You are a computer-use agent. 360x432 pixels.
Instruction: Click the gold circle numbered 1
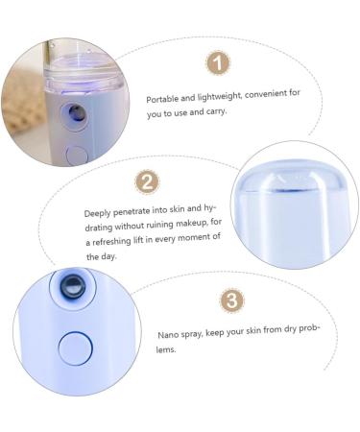(x=218, y=63)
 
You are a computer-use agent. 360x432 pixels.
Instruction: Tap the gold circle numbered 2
(x=147, y=181)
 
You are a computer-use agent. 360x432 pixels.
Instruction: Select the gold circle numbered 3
(x=231, y=300)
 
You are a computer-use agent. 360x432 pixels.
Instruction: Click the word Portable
(x=160, y=99)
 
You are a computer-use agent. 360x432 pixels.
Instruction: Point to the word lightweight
(x=211, y=99)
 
